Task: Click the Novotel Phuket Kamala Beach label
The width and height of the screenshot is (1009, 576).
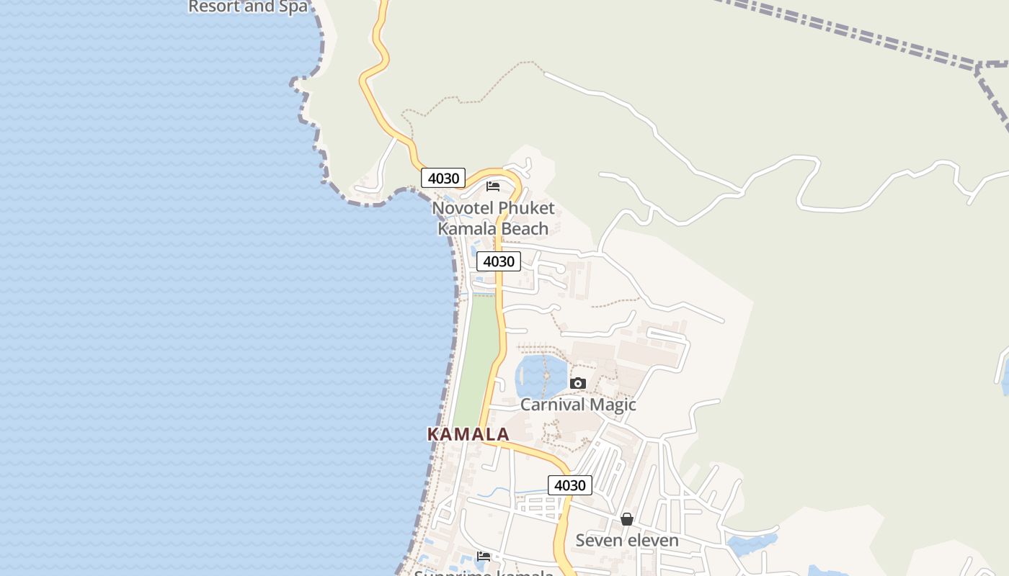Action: (x=494, y=218)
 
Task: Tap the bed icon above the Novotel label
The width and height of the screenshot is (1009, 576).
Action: (x=493, y=186)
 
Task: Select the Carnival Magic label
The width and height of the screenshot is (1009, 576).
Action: (x=578, y=405)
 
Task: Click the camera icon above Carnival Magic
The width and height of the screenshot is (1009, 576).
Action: (x=578, y=384)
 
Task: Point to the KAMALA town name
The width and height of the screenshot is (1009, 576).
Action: (x=468, y=434)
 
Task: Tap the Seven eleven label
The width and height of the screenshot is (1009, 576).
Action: (x=627, y=540)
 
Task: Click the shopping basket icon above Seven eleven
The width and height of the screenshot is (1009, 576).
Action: (x=627, y=519)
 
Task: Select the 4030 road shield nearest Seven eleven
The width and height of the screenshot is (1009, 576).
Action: (x=570, y=485)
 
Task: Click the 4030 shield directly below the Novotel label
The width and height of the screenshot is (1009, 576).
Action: (x=499, y=261)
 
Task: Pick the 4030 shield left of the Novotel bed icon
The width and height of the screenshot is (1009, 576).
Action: (x=443, y=178)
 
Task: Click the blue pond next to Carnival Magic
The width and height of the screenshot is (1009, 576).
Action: (x=539, y=373)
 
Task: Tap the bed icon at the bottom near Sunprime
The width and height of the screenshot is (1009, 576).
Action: (x=484, y=557)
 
